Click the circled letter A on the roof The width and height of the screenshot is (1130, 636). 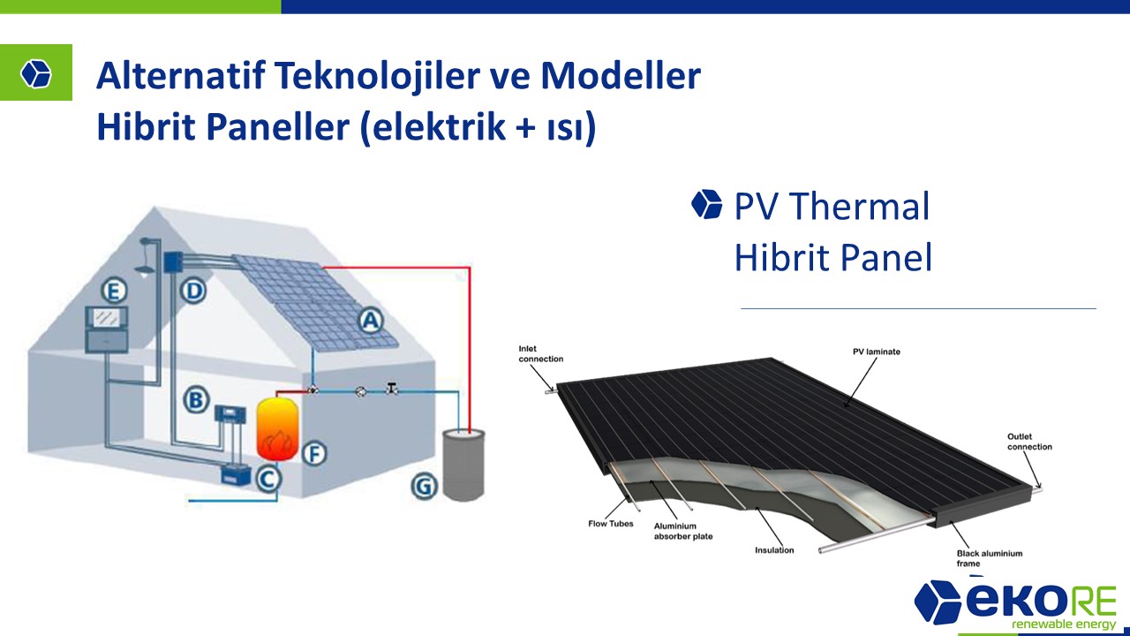(x=371, y=321)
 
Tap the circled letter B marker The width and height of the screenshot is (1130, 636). (x=196, y=400)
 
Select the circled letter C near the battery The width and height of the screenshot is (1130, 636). (x=267, y=479)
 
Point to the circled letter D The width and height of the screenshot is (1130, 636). (x=193, y=291)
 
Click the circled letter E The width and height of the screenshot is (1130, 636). (x=114, y=291)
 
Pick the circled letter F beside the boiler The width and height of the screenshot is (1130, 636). (x=314, y=453)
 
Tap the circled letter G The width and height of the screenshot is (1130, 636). (x=424, y=486)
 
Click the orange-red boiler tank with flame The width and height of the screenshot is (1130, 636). (x=277, y=429)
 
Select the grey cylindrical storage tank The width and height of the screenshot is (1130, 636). (x=463, y=465)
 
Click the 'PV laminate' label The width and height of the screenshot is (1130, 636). (x=877, y=352)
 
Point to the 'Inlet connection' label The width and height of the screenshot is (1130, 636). (x=541, y=354)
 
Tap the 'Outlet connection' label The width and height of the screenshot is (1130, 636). (x=1029, y=442)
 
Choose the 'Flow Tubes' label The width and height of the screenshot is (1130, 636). (x=610, y=524)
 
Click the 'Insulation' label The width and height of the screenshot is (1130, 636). (x=774, y=550)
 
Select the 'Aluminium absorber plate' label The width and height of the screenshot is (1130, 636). (x=683, y=531)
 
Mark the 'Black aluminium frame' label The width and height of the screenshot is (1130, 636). (x=990, y=558)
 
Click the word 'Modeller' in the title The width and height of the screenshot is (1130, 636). (x=621, y=75)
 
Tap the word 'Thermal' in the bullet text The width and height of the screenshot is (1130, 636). (x=860, y=206)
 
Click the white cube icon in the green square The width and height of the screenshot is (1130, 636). (x=36, y=73)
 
